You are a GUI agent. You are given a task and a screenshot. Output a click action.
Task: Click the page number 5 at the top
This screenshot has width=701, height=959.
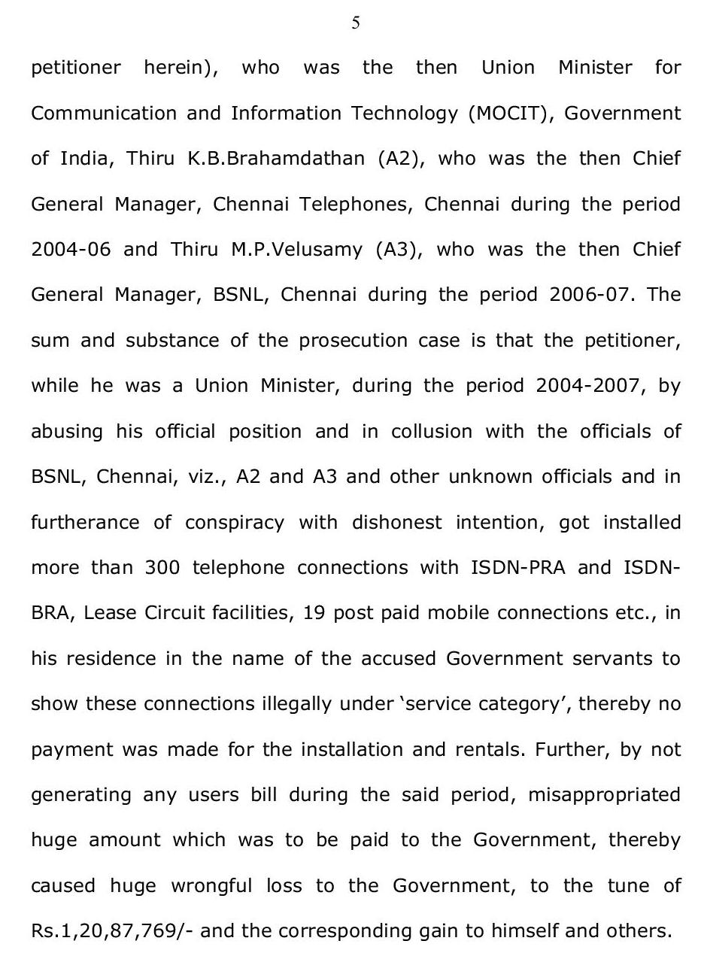coord(355,23)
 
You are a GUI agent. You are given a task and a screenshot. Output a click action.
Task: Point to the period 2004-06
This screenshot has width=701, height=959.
coord(70,250)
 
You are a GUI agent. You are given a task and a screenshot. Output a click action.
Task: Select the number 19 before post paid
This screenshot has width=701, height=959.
coord(314,614)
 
